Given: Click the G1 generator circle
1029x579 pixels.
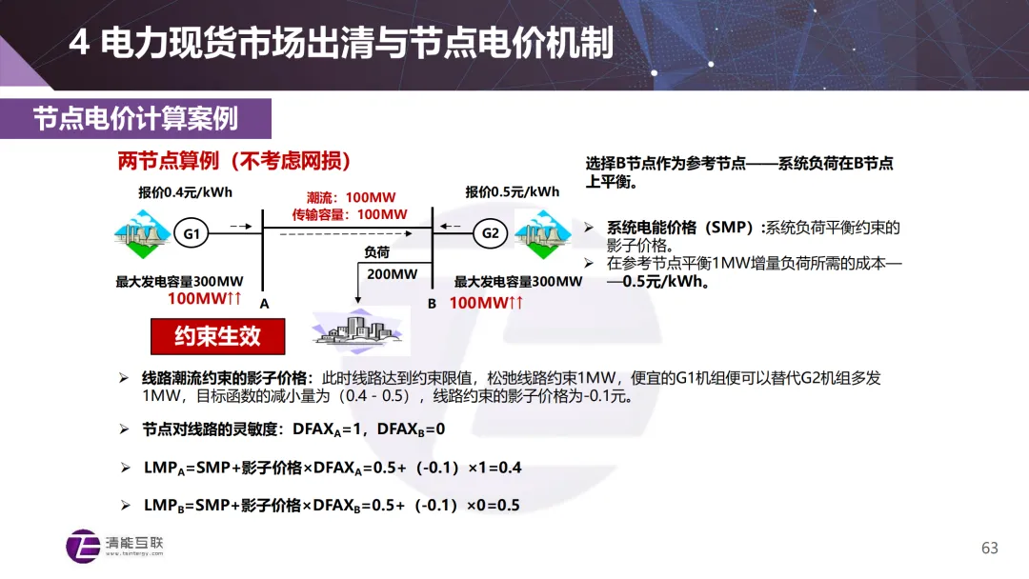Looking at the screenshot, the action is (192, 233).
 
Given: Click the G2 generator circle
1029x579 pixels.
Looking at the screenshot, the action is (491, 233).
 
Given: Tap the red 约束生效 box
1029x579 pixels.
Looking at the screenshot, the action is (217, 335).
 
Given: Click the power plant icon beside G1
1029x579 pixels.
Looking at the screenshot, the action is (139, 233).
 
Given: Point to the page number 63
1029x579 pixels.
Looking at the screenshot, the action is (989, 548).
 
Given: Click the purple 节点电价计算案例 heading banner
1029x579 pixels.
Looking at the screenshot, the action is (135, 118).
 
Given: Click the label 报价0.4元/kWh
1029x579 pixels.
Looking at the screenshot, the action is (185, 191).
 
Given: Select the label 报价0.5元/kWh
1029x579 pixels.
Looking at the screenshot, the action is (513, 191).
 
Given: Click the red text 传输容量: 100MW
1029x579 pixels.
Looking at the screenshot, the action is (343, 214).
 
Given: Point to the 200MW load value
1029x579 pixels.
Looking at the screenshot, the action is (393, 274).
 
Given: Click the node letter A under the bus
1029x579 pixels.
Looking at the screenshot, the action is (265, 303).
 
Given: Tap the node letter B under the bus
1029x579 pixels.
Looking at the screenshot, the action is (432, 303).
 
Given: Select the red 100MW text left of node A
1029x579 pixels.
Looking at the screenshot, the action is (205, 299).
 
